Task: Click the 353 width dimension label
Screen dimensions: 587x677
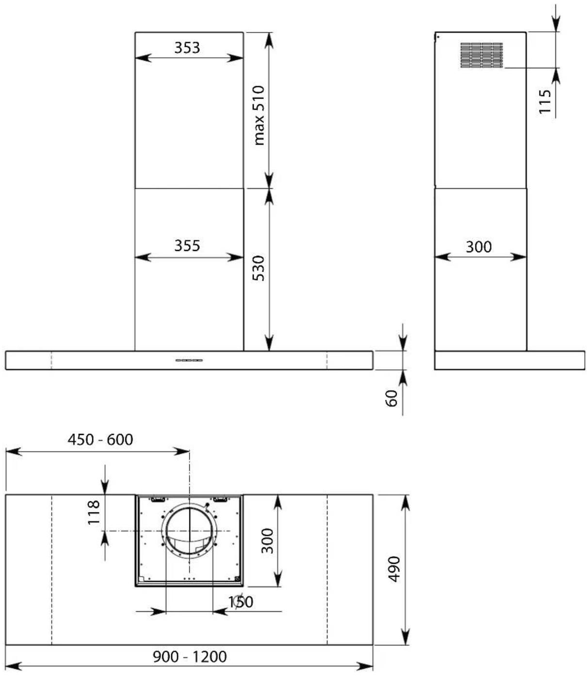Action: pyautogui.click(x=187, y=48)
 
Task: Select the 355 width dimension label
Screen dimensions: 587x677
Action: pyautogui.click(x=187, y=246)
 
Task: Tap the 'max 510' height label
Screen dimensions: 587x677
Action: pyautogui.click(x=259, y=115)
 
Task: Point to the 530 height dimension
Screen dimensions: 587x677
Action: pyautogui.click(x=259, y=268)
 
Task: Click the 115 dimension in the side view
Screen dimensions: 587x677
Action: pyautogui.click(x=545, y=101)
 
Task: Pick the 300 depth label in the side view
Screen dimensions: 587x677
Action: pyautogui.click(x=478, y=247)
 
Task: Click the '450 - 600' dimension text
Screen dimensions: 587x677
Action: pyautogui.click(x=100, y=440)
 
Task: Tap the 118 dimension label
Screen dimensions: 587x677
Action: pyautogui.click(x=94, y=512)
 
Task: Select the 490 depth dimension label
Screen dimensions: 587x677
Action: pyautogui.click(x=394, y=569)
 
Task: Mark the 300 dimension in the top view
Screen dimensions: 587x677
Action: pyautogui.click(x=267, y=541)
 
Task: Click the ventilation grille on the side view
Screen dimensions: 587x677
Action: pyautogui.click(x=482, y=55)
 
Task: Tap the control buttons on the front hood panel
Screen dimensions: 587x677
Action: pyautogui.click(x=189, y=360)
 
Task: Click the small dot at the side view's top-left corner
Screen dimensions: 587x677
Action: pyautogui.click(x=438, y=37)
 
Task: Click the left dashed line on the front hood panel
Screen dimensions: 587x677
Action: pyautogui.click(x=51, y=360)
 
